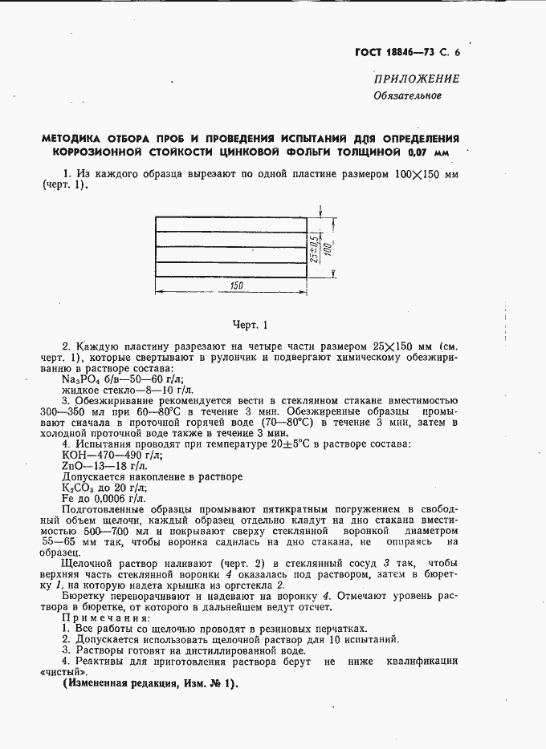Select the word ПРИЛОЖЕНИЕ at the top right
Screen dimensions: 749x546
pyautogui.click(x=416, y=79)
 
